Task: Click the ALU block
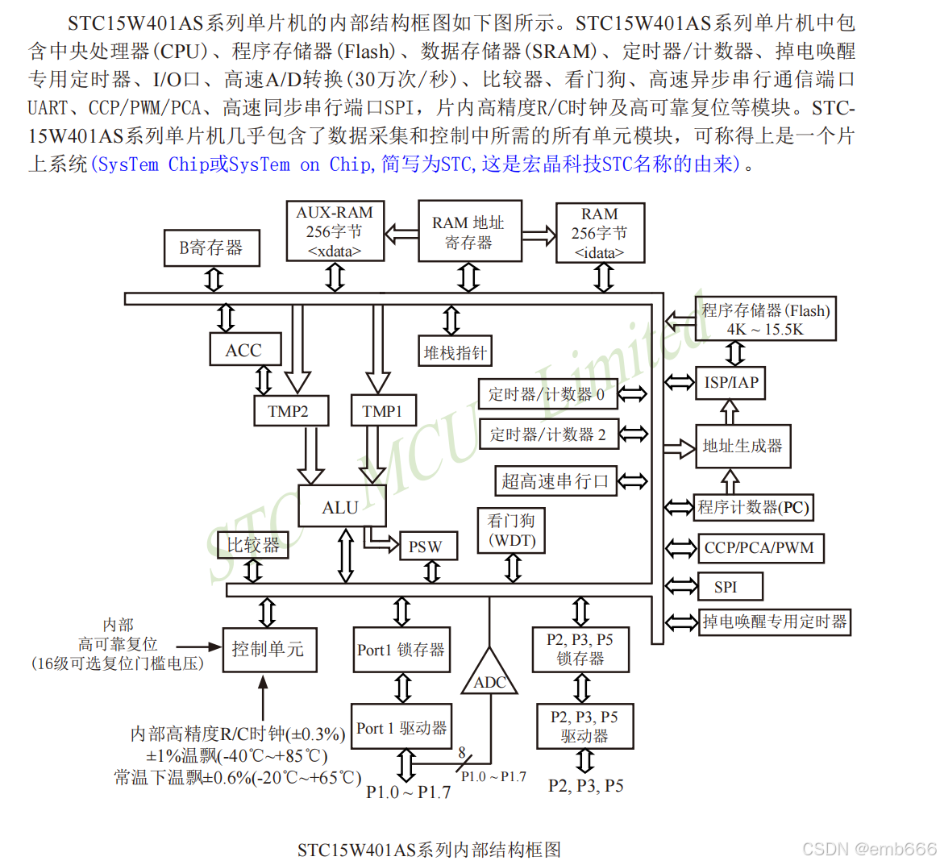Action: click(341, 507)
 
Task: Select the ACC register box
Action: click(244, 351)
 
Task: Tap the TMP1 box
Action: click(382, 411)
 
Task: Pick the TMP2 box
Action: click(289, 411)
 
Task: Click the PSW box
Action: click(425, 547)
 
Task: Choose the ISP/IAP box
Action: click(730, 383)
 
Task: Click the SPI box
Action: click(726, 587)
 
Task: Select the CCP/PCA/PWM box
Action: click(759, 548)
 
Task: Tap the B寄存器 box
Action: click(211, 247)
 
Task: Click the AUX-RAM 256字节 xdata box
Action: click(335, 232)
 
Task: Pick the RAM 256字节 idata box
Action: click(600, 233)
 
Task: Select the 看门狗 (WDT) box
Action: click(512, 531)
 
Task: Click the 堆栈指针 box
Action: click(455, 352)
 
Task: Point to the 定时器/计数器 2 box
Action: click(548, 435)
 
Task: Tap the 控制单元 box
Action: click(268, 650)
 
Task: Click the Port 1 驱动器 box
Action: click(401, 729)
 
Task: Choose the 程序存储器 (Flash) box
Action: click(764, 319)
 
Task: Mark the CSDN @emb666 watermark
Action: click(869, 849)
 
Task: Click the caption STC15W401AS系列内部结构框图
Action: click(428, 849)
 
